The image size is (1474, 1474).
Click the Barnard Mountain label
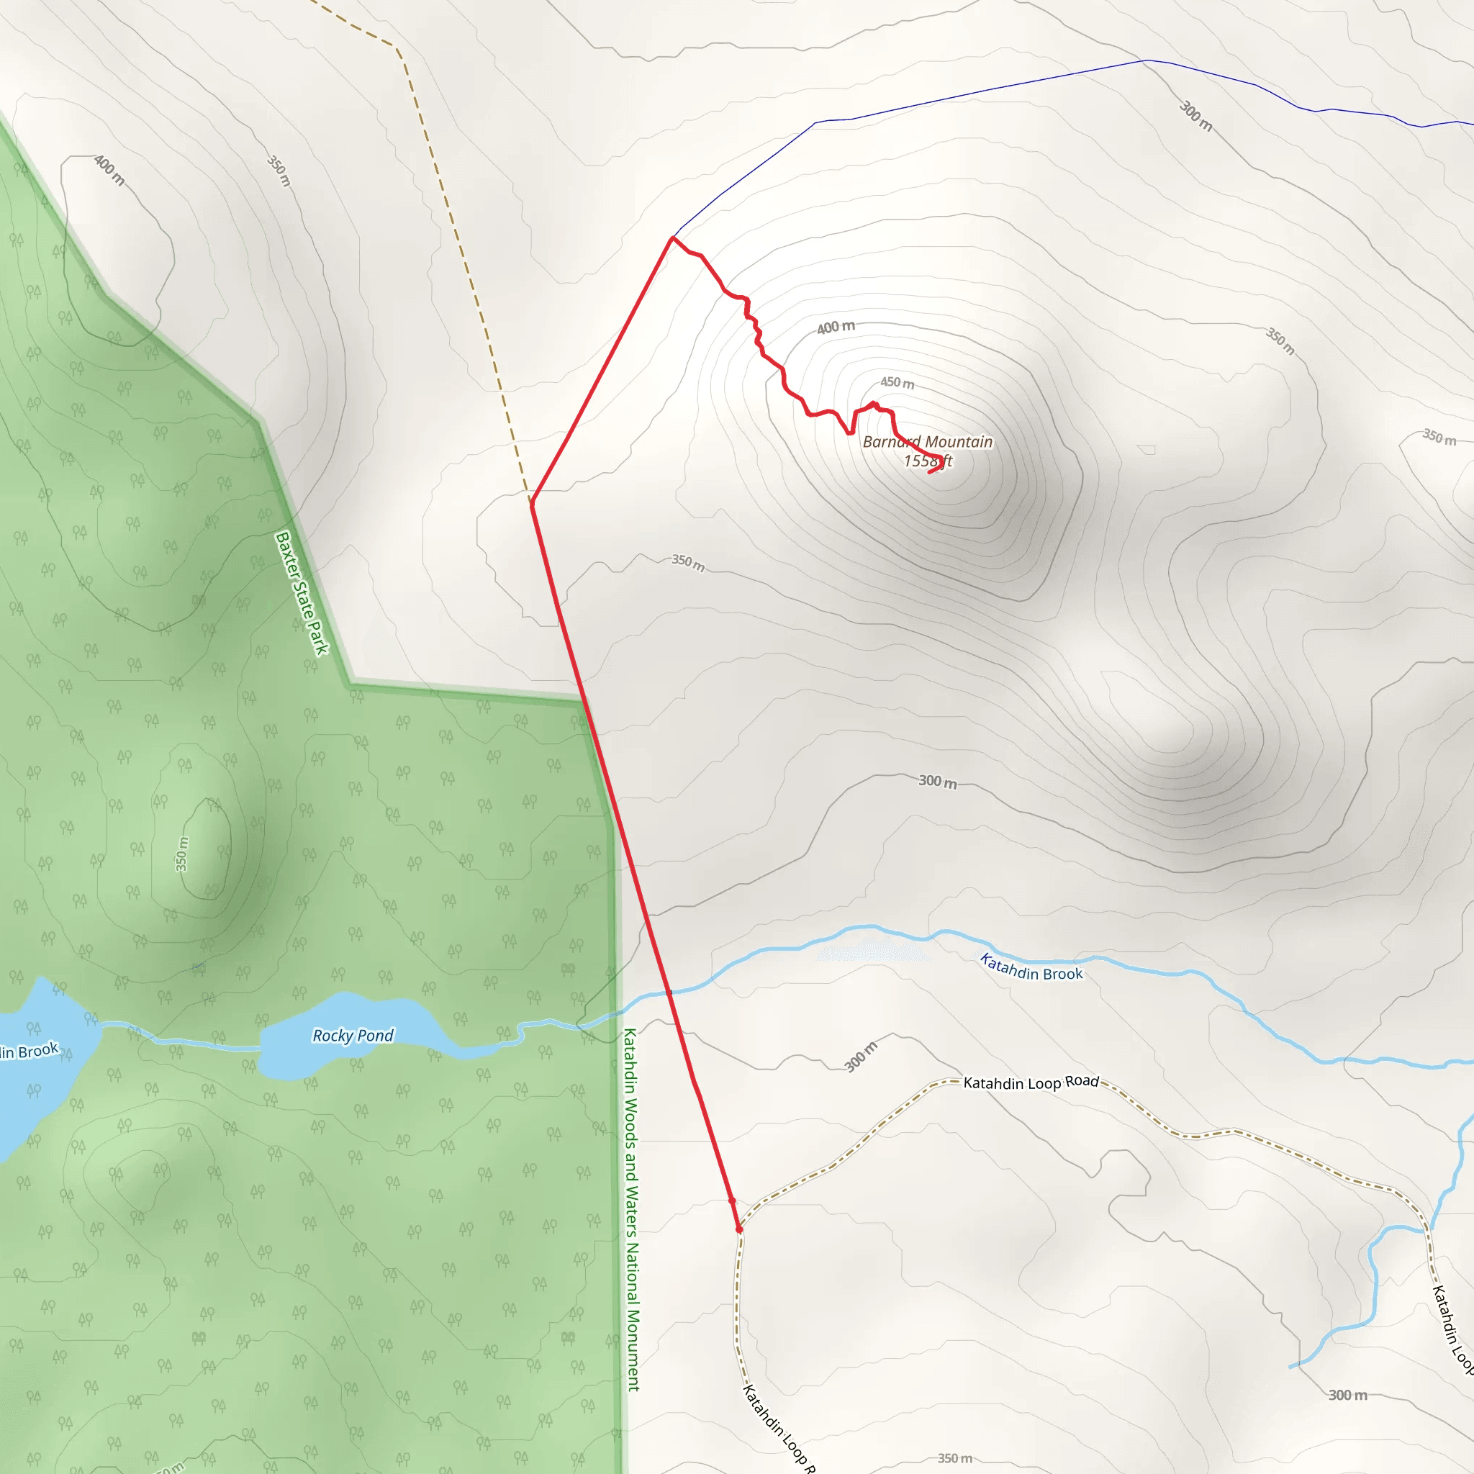928,442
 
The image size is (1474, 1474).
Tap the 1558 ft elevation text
927,461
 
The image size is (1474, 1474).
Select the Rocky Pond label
353,1035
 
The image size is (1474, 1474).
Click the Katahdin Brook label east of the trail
1031,968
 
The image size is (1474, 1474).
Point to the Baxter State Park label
302,593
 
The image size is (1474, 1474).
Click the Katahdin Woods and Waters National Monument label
632,1209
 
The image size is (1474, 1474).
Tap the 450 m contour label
897,382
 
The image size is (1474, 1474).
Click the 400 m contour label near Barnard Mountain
836,327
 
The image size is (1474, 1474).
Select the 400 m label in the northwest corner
109,169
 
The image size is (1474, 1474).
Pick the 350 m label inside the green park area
181,854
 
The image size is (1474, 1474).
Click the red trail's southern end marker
738,1229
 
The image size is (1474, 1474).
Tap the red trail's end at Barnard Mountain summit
929,472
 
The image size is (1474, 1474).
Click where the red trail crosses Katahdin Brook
669,993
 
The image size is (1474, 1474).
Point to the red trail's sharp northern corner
672,238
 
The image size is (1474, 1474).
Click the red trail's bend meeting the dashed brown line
532,503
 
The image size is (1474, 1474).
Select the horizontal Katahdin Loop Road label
1031,1082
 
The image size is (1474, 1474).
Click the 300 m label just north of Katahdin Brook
937,781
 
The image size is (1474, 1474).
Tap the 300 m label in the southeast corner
1347,1395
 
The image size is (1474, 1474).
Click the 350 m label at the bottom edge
954,1458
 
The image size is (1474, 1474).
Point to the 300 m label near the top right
1195,116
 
